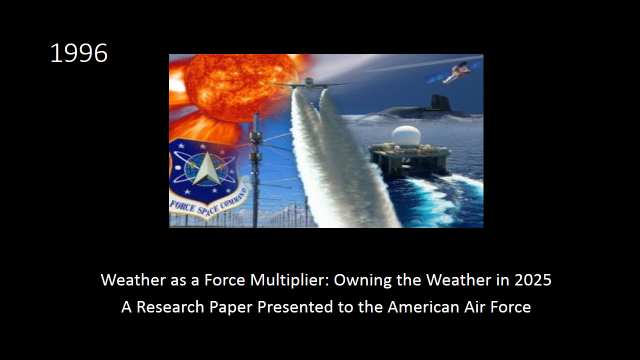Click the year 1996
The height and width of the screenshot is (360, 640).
(79, 53)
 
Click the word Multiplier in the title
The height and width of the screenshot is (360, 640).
(289, 280)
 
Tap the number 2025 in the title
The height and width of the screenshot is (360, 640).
(533, 280)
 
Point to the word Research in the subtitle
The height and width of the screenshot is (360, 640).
(170, 307)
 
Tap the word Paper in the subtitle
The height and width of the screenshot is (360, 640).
(231, 308)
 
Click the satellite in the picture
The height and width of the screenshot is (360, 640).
(453, 73)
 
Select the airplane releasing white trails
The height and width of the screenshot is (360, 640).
(309, 84)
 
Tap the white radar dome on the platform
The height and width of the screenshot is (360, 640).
(406, 136)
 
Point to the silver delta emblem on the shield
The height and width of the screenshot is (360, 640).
(207, 169)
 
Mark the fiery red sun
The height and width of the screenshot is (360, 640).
(241, 87)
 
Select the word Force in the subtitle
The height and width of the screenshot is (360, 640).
(511, 307)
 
